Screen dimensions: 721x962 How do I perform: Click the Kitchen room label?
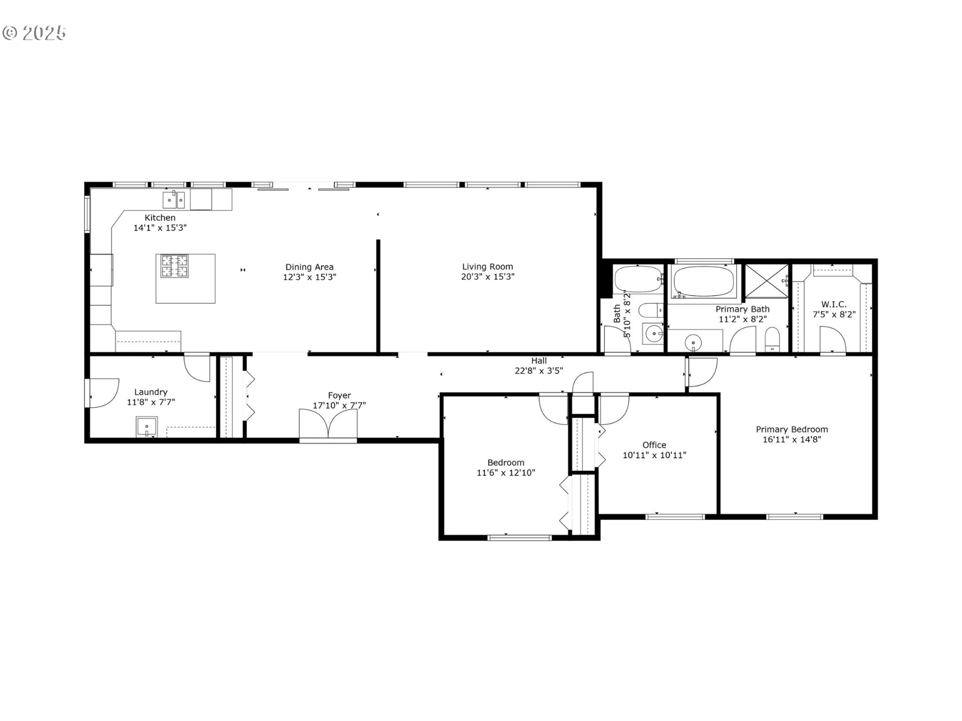point(160,218)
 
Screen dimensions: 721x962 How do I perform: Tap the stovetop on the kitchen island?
point(174,266)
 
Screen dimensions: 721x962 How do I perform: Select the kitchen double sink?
point(174,200)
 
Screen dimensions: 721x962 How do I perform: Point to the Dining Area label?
point(309,267)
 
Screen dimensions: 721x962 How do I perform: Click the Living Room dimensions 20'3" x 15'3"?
point(488,277)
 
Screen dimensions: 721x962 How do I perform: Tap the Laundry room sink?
point(146,427)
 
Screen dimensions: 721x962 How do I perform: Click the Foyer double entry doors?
point(328,425)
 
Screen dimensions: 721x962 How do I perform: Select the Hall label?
point(539,360)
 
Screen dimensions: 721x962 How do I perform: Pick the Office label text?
point(654,445)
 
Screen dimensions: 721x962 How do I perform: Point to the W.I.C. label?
point(834,304)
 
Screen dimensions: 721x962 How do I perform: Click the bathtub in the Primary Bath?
point(704,281)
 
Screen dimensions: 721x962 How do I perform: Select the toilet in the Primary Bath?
point(772,339)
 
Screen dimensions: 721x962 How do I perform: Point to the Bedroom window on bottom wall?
point(520,538)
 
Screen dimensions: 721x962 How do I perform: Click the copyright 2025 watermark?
point(34,33)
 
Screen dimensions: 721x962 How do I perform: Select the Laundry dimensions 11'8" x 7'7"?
point(150,402)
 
